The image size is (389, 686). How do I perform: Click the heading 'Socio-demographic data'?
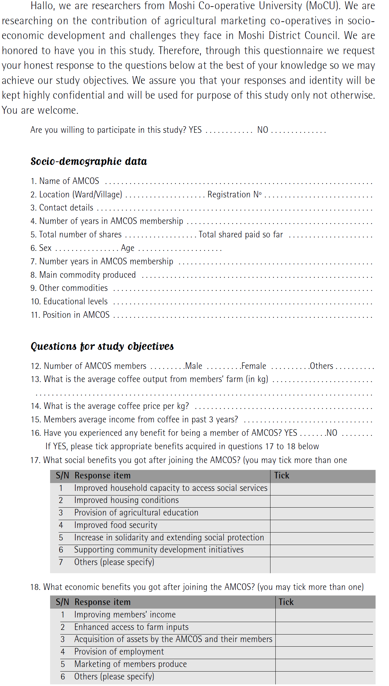89,161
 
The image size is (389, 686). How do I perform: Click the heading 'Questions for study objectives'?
102,346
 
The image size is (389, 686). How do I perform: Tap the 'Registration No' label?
234,194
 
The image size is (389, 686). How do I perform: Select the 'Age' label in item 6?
128,248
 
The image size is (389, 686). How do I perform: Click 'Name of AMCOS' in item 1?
69,181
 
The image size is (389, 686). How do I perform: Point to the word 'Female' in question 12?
254,366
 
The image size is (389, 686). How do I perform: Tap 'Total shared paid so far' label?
241,234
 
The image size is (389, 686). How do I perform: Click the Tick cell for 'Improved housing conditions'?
322,500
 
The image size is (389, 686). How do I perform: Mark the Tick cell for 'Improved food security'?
322,525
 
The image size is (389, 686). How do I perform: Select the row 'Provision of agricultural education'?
136,513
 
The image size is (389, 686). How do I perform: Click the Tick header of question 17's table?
282,475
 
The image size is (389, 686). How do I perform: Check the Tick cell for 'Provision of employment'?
324,652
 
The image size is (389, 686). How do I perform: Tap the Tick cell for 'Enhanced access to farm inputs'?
324,627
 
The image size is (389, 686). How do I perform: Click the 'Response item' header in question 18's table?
102,602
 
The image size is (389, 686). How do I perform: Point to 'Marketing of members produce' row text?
130,664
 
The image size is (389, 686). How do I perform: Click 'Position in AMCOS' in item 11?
76,315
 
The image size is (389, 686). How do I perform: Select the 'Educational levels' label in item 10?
75,301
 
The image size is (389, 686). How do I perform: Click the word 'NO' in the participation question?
263,130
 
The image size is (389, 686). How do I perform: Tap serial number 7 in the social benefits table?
61,562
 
